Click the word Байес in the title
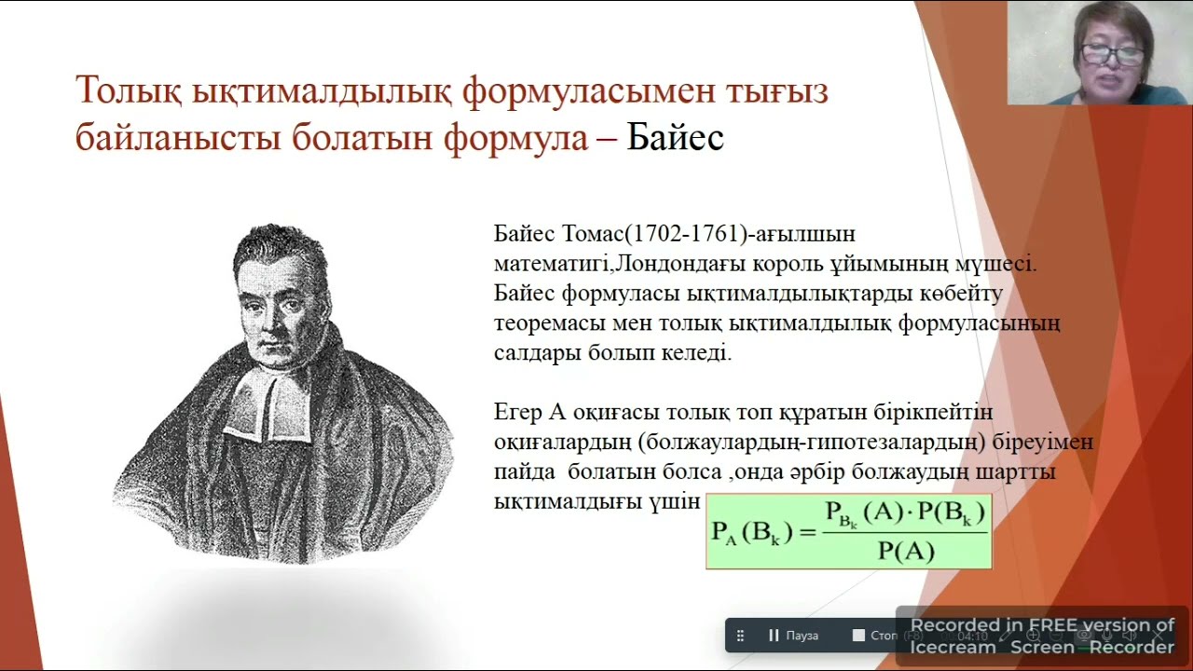[x=675, y=137]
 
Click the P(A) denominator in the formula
[x=905, y=551]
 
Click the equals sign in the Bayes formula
[x=806, y=532]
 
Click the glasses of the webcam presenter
[x=1112, y=54]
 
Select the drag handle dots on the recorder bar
[x=741, y=636]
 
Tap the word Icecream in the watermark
[x=953, y=646]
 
